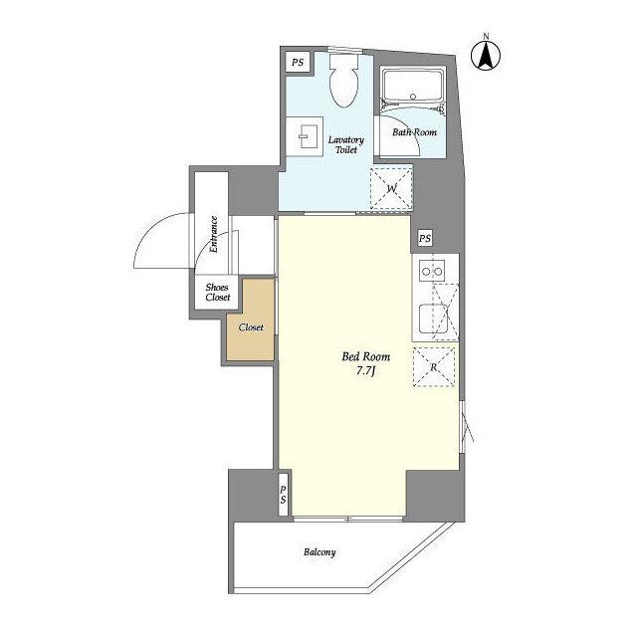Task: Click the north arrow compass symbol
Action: tap(486, 55)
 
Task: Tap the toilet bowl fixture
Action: tap(344, 81)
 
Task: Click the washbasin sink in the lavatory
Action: tap(305, 136)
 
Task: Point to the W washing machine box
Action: tap(391, 188)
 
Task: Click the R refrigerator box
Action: tap(434, 367)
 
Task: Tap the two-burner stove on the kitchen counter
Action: tap(432, 271)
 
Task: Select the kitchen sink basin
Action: tap(434, 318)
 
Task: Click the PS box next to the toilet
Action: tap(298, 63)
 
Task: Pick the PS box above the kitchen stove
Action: tap(425, 238)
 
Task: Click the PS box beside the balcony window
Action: tap(284, 495)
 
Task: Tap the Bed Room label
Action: tap(365, 356)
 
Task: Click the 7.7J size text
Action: tap(365, 371)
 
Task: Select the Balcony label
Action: tap(319, 552)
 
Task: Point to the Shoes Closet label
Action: tap(217, 292)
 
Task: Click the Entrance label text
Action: tap(214, 235)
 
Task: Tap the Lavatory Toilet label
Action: tap(346, 144)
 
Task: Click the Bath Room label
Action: tap(414, 132)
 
